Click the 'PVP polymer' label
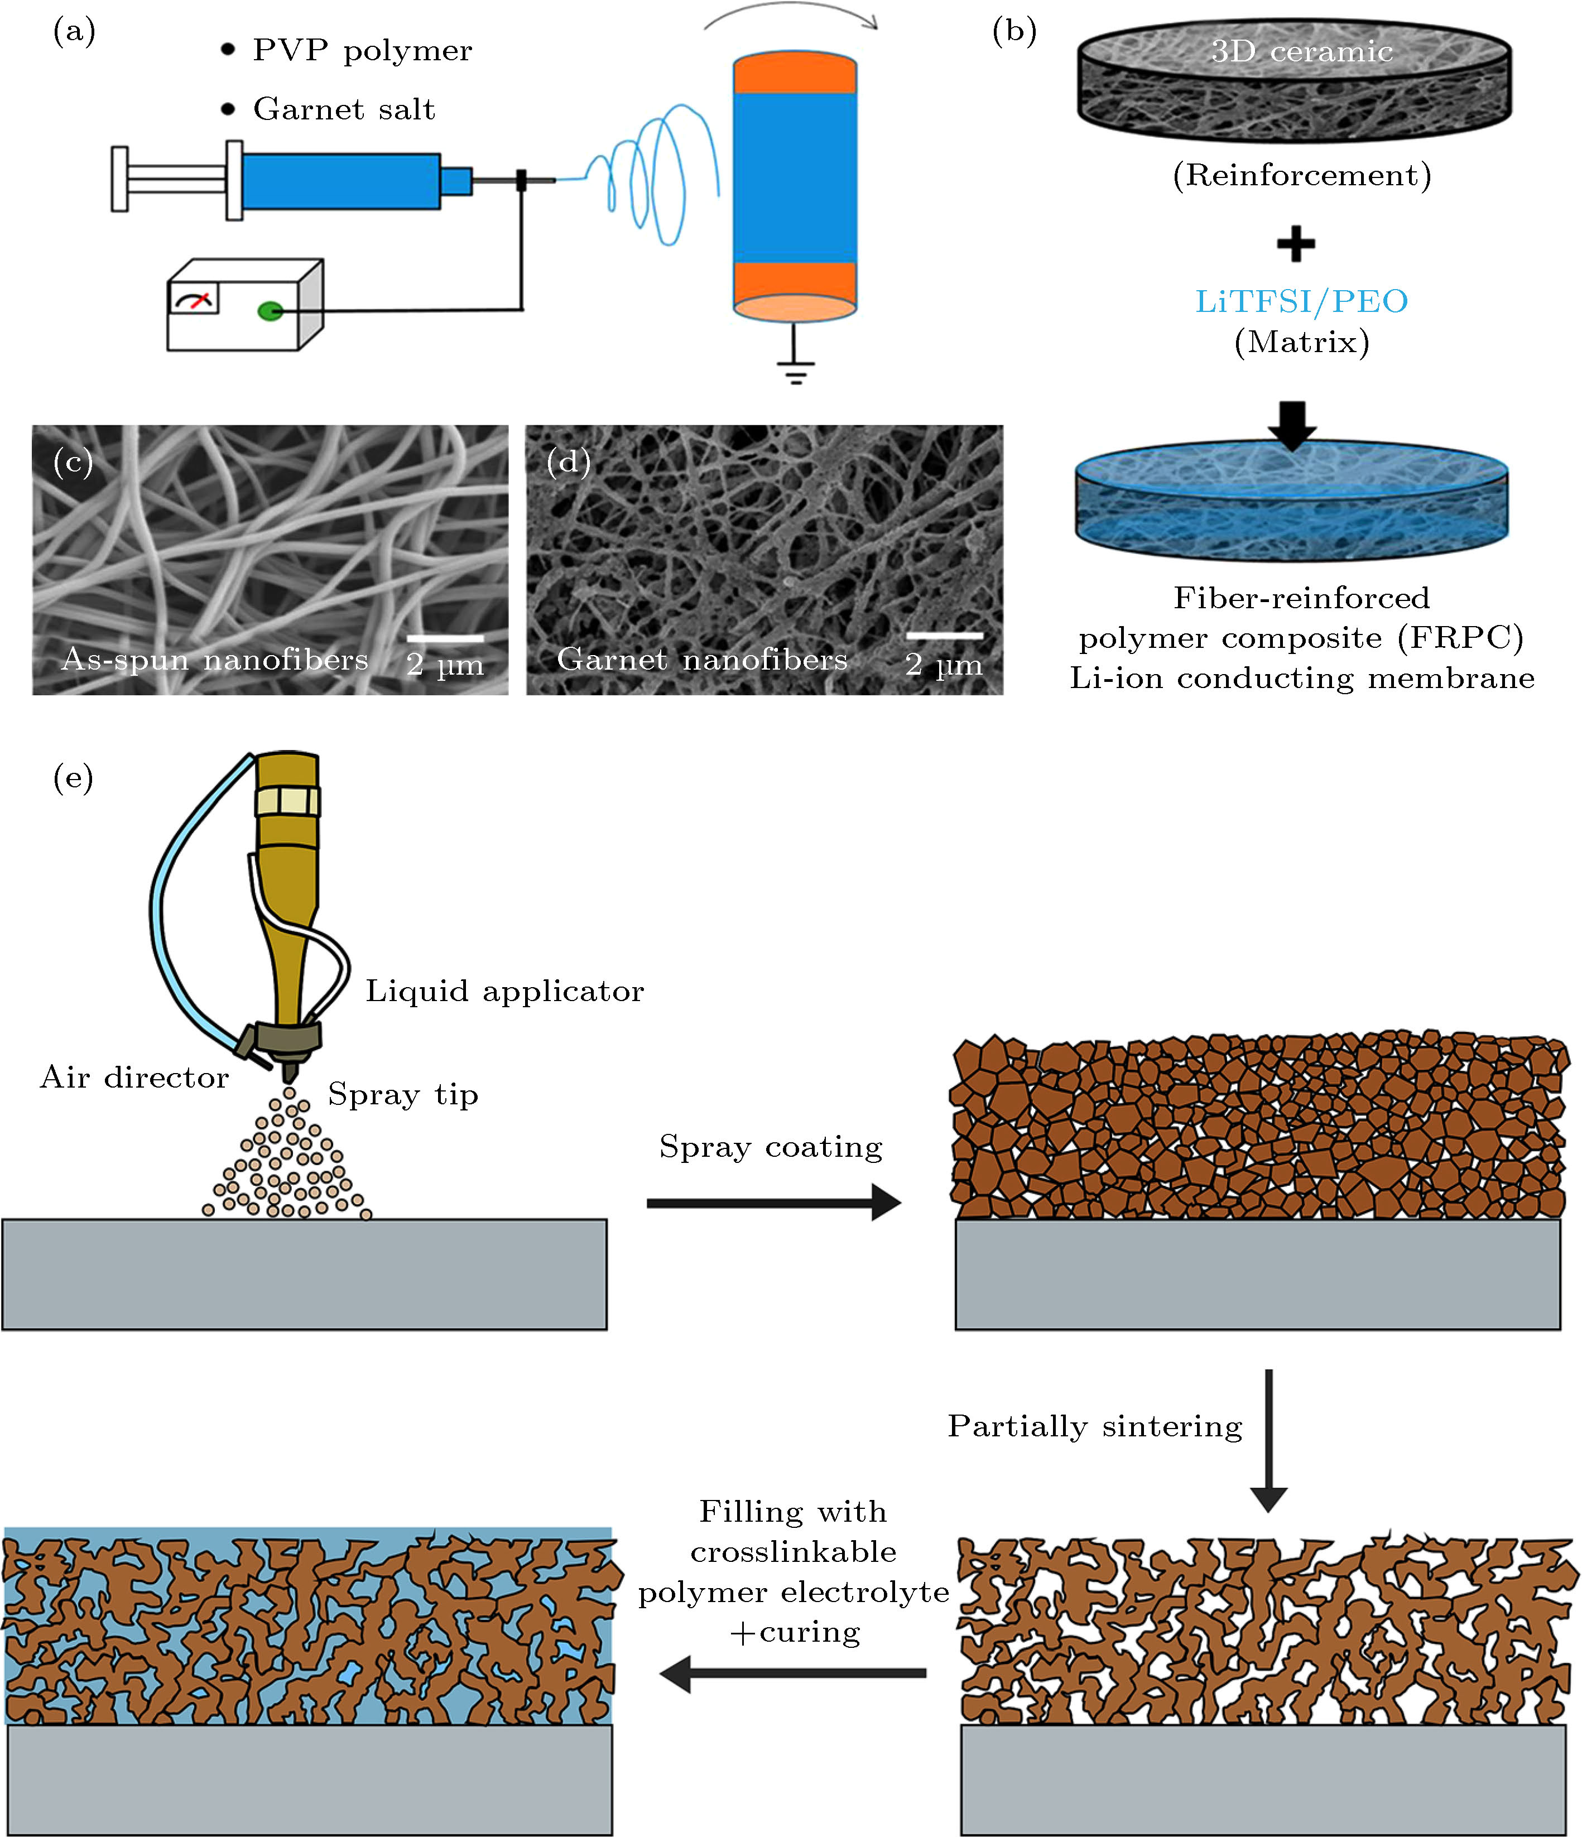[362, 51]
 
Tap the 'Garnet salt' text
[344, 109]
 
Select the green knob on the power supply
[270, 311]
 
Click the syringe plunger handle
[120, 179]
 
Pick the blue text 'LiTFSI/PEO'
[1301, 301]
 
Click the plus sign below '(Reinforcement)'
[1296, 244]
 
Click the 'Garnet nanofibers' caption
[701, 660]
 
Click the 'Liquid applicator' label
[504, 991]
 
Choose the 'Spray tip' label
[402, 1095]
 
